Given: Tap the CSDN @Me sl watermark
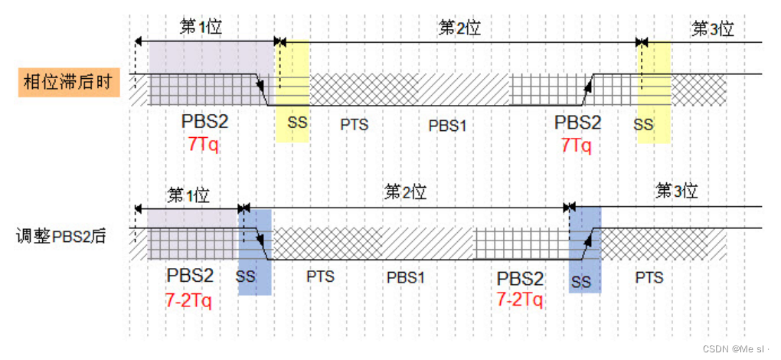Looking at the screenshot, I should coord(740,348).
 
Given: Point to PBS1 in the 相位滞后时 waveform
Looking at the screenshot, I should coord(447,125).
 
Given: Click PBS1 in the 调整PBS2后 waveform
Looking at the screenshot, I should coord(405,277).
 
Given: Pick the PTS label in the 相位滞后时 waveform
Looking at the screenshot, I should coord(355,124).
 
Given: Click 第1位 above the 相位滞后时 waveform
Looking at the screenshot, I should coord(201,28).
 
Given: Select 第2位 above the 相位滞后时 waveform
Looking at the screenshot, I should coord(459,28).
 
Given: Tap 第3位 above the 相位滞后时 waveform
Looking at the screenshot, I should coord(713,29).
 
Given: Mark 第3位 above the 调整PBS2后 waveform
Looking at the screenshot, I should coord(677,191).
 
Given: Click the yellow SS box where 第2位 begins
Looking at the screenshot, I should coord(292,92).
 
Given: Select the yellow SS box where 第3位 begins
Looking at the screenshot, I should coord(655,92).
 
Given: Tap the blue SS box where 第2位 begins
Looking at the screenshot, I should coord(255,251).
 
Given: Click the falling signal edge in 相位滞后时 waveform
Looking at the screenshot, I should coord(262,90).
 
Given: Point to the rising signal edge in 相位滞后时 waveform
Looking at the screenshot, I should coord(587,90).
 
